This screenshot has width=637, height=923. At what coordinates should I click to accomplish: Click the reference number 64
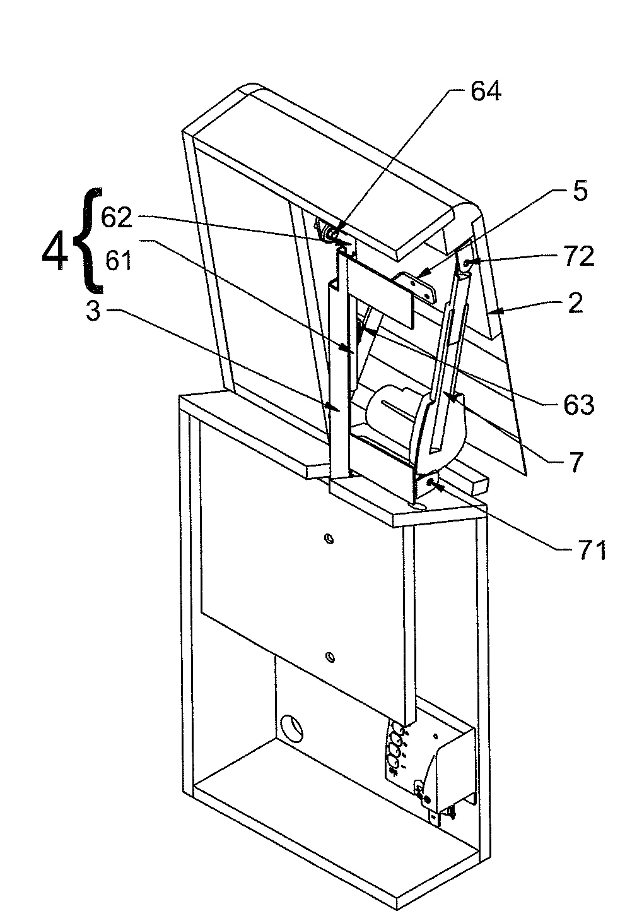click(486, 92)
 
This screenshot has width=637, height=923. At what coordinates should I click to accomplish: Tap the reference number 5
click(580, 191)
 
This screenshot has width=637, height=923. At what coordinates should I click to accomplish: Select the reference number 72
click(578, 256)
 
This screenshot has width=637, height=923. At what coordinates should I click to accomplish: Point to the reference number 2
click(576, 303)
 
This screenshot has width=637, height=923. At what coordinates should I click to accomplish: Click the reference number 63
click(579, 405)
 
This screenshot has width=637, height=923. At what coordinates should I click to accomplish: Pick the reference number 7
click(576, 462)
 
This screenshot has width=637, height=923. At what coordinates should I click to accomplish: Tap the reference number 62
click(117, 218)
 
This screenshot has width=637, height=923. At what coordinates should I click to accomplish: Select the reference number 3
click(93, 311)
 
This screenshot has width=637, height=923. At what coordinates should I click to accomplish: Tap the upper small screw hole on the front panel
click(329, 539)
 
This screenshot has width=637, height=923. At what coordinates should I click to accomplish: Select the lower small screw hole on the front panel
click(329, 657)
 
